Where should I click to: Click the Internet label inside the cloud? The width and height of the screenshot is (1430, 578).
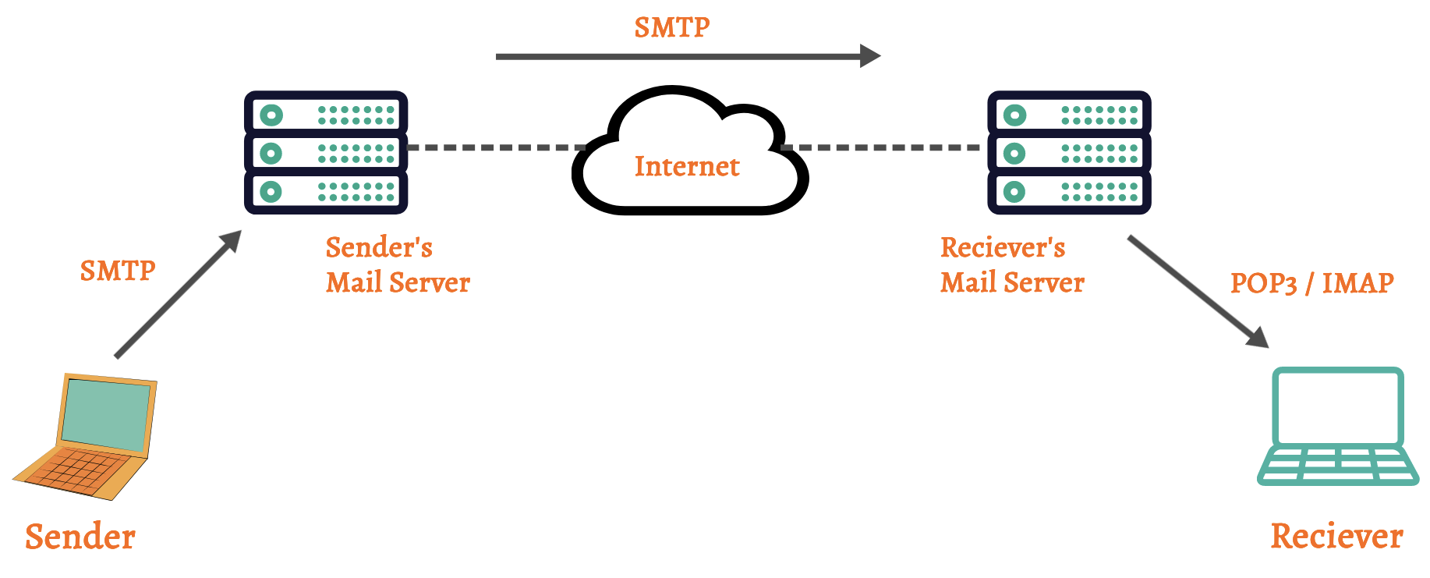687,166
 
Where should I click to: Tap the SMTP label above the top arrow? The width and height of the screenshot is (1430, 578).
672,27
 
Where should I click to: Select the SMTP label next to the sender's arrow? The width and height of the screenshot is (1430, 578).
118,271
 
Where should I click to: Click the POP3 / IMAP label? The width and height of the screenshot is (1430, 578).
1311,282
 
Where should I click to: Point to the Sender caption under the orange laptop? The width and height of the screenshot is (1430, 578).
80,537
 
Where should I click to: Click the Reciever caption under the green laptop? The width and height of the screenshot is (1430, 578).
1336,536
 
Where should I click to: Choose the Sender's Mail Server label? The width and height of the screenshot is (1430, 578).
398,264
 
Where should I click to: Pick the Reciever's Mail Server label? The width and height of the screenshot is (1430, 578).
1012,264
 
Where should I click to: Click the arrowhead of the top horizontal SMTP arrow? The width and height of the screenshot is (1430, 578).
870,56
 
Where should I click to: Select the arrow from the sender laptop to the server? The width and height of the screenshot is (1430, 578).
177,296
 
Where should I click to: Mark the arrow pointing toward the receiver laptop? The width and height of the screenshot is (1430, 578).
1198,291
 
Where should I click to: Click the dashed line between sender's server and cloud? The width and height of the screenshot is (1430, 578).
496,147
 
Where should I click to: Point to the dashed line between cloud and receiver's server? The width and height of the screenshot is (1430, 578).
881,147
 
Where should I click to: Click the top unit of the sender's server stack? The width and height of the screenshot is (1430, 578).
326,114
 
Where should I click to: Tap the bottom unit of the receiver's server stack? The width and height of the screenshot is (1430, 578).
1069,191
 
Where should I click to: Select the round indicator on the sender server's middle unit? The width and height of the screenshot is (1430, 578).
271,153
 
